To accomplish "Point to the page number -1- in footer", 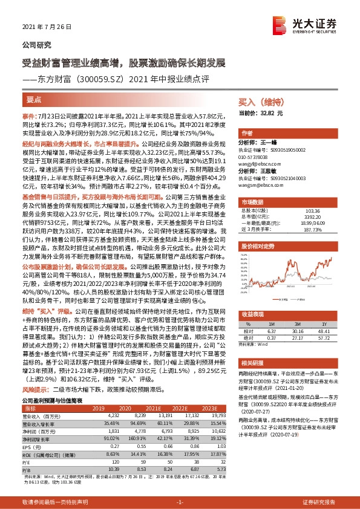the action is coord(180,502).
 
